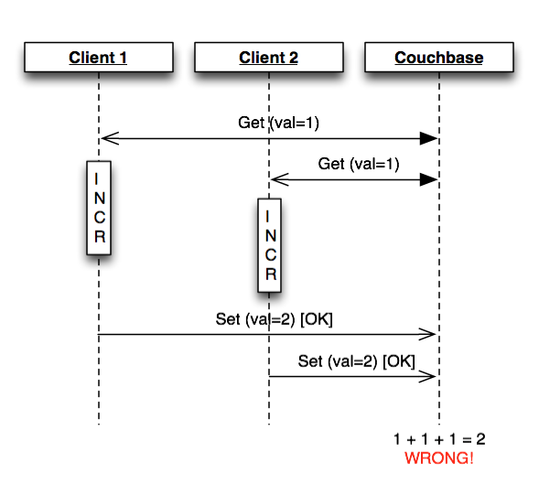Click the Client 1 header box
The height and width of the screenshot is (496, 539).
99,57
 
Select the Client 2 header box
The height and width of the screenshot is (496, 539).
269,57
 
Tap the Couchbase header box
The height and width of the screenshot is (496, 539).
439,57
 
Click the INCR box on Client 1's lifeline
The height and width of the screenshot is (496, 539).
99,208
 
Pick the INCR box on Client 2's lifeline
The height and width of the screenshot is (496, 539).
269,245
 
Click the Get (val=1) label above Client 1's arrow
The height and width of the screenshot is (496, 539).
278,123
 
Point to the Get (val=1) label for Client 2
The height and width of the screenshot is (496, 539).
359,164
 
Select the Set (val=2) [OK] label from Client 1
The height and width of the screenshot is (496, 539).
274,319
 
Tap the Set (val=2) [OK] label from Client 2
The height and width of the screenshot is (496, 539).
357,361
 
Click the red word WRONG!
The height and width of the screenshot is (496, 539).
439,458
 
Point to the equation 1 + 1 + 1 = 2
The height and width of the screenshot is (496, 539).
439,439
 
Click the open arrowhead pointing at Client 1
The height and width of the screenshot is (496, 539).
110,138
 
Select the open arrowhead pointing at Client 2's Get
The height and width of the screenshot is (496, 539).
280,179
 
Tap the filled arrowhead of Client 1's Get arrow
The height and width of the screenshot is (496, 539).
428,138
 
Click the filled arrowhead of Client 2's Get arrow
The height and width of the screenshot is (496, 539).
428,179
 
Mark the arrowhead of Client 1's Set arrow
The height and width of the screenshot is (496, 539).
427,334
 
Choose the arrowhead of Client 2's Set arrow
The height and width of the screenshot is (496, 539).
427,376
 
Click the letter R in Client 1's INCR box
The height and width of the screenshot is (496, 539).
100,236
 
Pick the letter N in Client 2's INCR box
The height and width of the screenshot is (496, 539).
271,236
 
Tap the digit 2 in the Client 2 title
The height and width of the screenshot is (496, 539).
293,58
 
